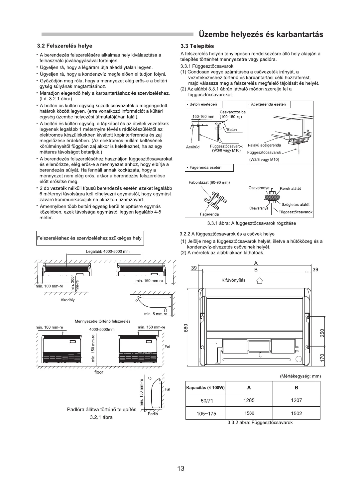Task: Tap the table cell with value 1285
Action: [x=249, y=400]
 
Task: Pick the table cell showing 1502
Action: [x=296, y=413]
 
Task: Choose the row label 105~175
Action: [x=206, y=414]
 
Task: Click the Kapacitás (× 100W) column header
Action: [x=205, y=388]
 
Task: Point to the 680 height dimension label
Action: [x=186, y=328]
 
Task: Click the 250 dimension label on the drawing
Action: [x=322, y=333]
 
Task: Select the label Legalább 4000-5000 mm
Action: [x=108, y=251]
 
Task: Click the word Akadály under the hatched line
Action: [x=68, y=300]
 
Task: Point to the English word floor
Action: [x=99, y=372]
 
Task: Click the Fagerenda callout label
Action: [x=209, y=214]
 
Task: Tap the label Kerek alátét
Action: [x=290, y=188]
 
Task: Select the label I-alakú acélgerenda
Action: [x=264, y=145]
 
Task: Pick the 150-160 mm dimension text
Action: [x=203, y=117]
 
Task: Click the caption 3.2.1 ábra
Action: [x=101, y=417]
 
